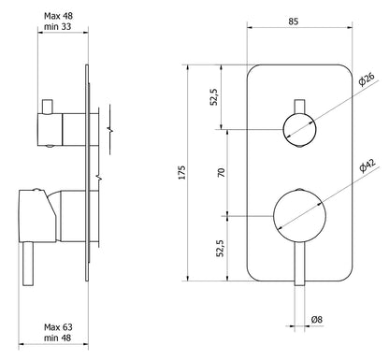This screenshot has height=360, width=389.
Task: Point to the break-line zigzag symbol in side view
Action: (x=111, y=122)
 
